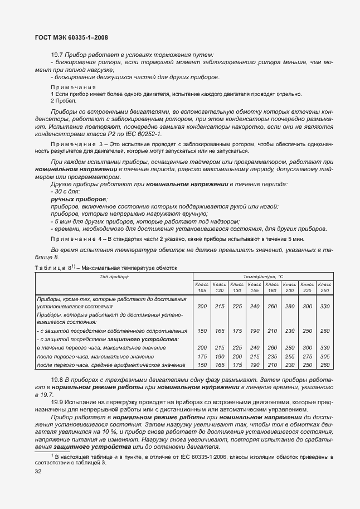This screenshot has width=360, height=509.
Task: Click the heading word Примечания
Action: point(73,88)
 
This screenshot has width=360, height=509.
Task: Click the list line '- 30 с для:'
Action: point(65,191)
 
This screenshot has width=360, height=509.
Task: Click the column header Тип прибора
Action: point(114,276)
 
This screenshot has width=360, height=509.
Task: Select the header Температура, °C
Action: point(263,276)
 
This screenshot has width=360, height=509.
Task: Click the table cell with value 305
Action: point(324,356)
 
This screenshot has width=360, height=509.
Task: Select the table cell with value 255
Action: point(289,356)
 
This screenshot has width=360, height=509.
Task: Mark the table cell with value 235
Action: point(272,356)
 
